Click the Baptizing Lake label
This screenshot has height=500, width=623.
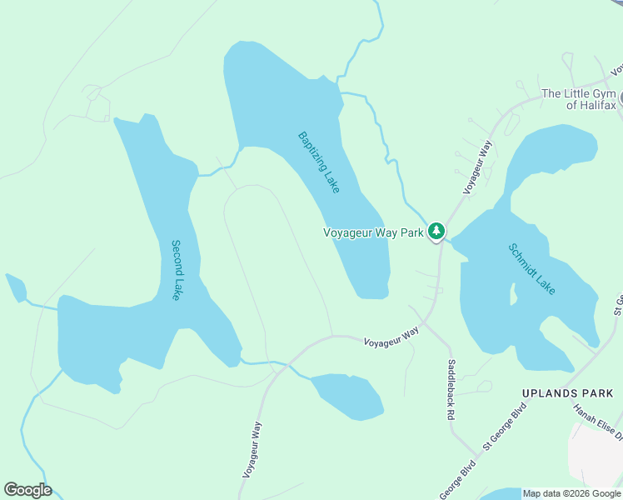coord(319,162)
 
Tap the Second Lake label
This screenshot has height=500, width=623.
coord(176,270)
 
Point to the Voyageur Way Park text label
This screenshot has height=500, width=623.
coord(374,233)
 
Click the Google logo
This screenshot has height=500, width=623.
coord(27,490)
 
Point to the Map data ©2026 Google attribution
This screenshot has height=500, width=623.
coord(571,493)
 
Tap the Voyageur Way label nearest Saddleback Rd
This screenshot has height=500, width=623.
coord(391,336)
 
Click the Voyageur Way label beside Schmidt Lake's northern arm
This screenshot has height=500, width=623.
coord(479,167)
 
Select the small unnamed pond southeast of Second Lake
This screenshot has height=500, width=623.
coord(348,396)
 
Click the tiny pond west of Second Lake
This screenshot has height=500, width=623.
coord(15,287)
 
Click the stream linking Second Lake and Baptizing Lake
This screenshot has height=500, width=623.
coord(218,171)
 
